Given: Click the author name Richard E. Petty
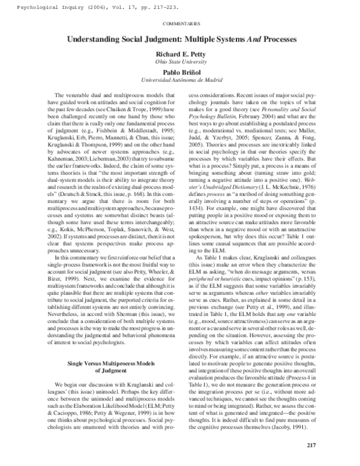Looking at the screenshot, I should pyautogui.click(x=181, y=53).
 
